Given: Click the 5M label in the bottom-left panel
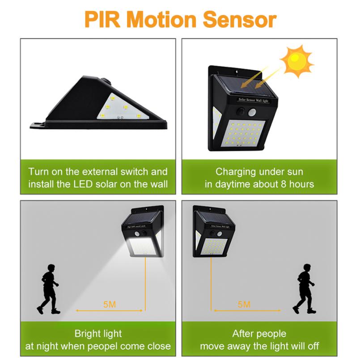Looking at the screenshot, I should point(110,305).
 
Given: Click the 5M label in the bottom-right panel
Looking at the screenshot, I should point(244,305).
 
